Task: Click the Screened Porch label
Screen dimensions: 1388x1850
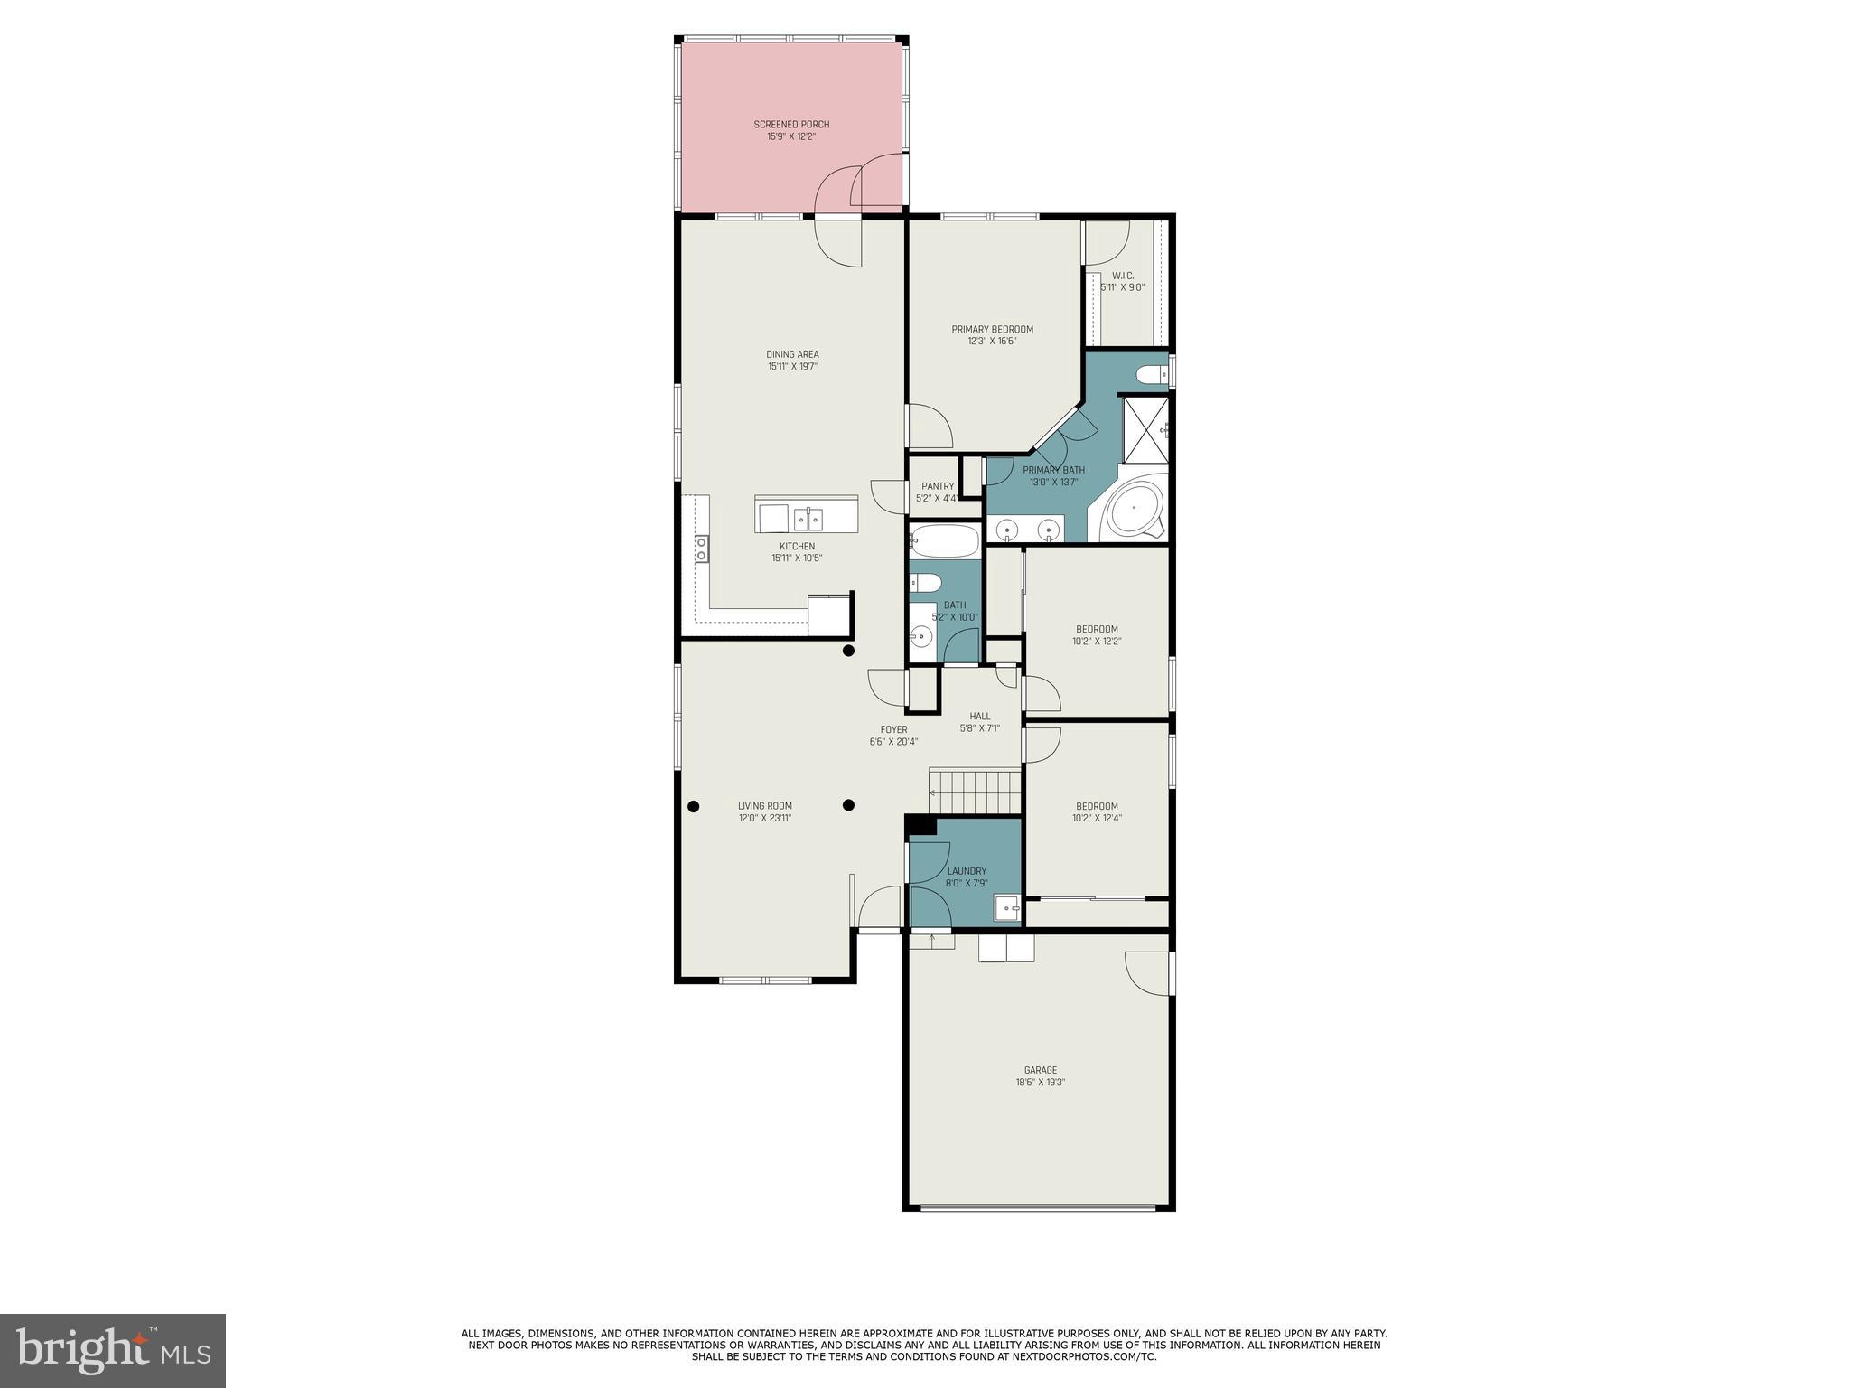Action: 791,125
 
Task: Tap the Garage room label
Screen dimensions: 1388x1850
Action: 1040,1070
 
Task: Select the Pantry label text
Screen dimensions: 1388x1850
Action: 938,486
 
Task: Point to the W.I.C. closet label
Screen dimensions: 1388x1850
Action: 1122,276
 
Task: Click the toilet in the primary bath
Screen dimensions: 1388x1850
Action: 1152,373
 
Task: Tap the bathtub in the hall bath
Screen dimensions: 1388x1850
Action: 944,541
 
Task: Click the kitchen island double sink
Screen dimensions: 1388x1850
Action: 808,519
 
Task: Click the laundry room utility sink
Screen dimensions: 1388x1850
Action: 1006,907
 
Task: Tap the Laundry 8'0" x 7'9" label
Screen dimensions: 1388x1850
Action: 967,877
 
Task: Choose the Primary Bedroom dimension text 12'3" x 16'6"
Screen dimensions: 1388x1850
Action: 992,342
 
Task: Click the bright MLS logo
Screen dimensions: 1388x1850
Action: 113,1350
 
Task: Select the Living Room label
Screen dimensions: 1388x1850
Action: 764,806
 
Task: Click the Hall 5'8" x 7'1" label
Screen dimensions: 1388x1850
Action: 979,722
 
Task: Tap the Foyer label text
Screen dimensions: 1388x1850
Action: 893,729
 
